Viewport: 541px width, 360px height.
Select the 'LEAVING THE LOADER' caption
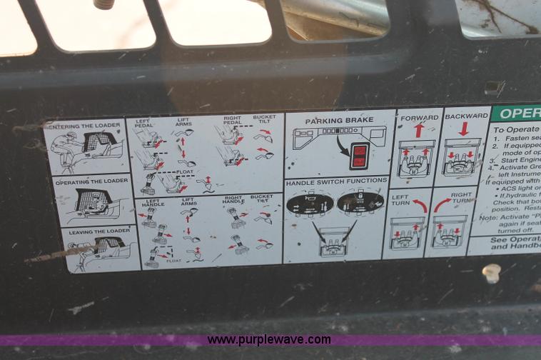(98, 230)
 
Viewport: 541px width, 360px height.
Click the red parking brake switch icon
(360, 156)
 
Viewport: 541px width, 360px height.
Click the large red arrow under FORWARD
(419, 130)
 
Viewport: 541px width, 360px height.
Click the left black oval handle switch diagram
(310, 204)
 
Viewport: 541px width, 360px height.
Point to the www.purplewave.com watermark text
(269, 340)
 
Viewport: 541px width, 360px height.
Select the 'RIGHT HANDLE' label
(233, 201)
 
